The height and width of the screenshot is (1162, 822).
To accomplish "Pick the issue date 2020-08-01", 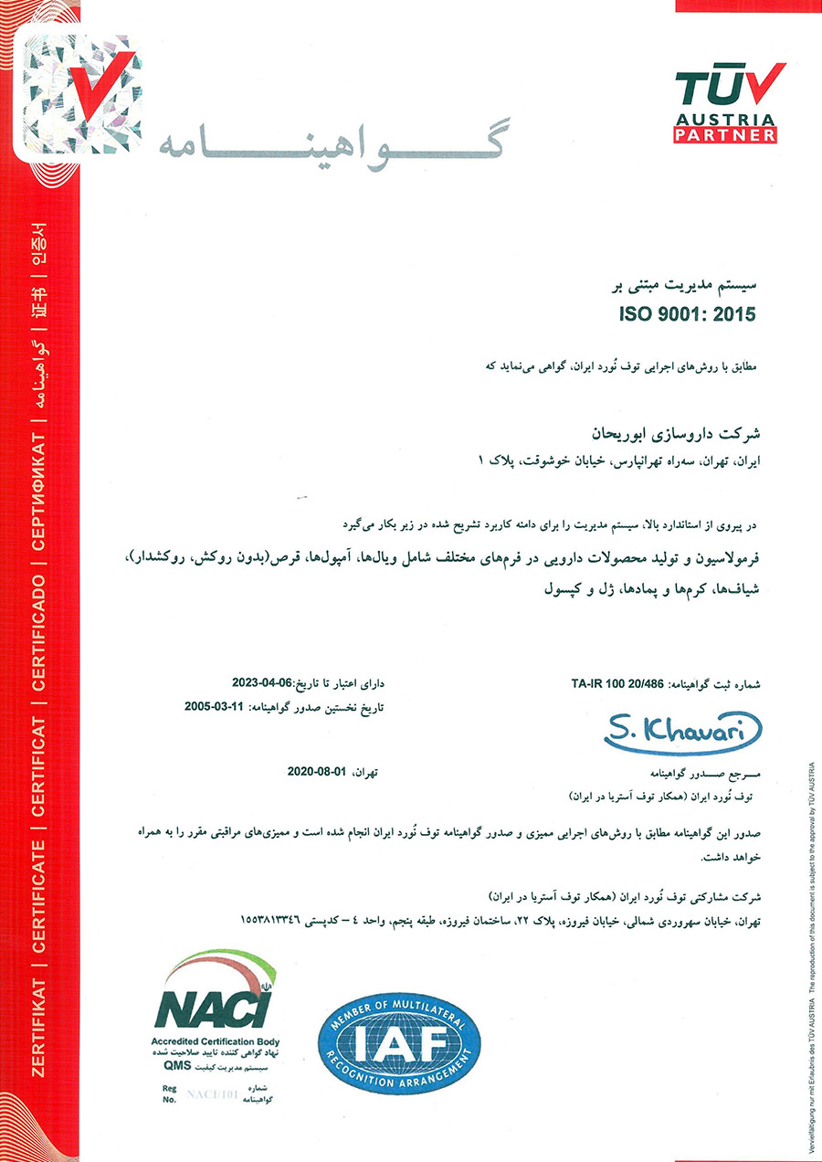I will tap(318, 772).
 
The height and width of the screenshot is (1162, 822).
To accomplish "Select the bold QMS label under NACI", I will tap(176, 1065).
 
